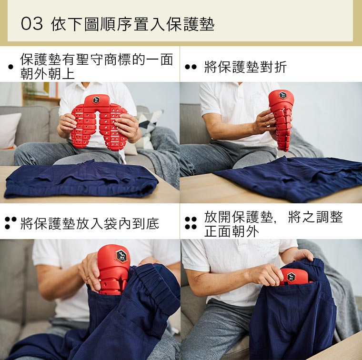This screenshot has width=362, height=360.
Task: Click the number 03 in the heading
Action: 32,24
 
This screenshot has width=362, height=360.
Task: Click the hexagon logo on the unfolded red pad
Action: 96,100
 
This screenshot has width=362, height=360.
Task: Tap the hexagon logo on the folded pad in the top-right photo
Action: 282,95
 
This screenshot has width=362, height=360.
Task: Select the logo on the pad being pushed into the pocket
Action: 121,256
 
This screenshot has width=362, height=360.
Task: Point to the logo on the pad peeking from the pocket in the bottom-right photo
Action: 291,277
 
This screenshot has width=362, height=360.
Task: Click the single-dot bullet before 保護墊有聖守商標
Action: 10,67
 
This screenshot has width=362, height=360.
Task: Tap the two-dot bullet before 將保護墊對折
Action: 191,67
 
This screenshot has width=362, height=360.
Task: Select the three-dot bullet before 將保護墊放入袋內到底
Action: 10,223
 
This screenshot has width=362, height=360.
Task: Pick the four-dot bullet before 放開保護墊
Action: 191,223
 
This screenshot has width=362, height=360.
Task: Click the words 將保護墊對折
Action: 245,67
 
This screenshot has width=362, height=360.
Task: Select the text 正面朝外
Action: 231,231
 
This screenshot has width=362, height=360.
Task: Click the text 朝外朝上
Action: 48,74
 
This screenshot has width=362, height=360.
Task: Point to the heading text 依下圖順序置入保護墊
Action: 133,24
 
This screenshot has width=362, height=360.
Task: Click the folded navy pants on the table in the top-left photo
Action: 81,180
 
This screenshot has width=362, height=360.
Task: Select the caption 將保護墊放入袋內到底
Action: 90,223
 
